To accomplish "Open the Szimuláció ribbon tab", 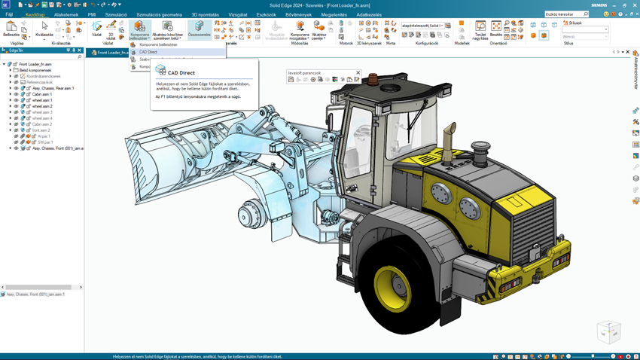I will (x=116, y=14).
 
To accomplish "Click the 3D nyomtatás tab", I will (x=205, y=14).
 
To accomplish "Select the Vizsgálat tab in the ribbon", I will (x=237, y=14).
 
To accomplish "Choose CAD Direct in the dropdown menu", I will (x=148, y=52).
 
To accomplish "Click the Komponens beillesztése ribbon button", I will (x=139, y=30).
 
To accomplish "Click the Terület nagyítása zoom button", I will (x=480, y=30).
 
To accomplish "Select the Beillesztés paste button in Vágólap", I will (x=11, y=29).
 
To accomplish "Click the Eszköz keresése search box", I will (x=564, y=14).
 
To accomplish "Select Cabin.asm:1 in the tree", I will (x=42, y=94).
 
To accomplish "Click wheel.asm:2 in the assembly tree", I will (x=42, y=106).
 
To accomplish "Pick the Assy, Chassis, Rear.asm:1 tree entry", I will (x=53, y=88).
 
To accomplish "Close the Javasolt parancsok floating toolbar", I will (x=358, y=73).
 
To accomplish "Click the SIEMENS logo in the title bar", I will (x=599, y=5).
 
